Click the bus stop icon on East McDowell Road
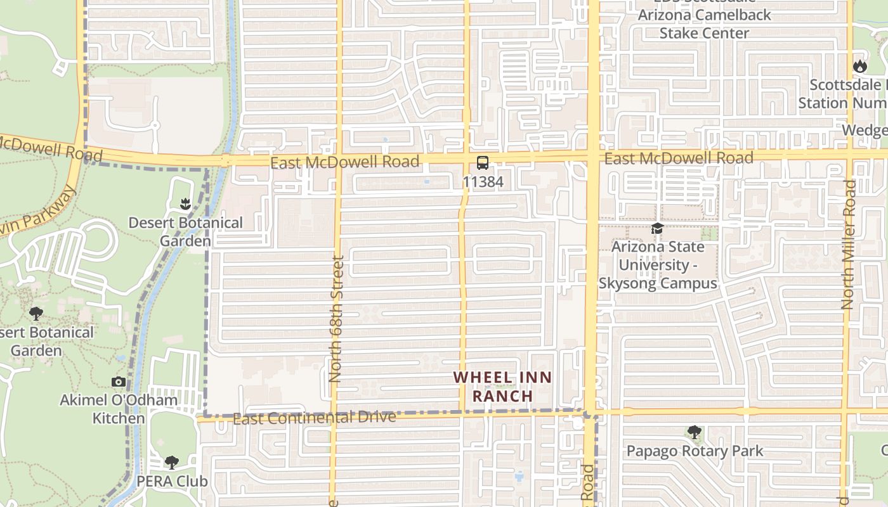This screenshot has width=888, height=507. click(483, 163)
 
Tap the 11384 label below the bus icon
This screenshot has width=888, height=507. click(483, 183)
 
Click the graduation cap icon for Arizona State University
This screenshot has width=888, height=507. click(657, 229)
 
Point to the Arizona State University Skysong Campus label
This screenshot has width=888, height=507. click(658, 265)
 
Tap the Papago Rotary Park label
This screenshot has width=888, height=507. click(695, 451)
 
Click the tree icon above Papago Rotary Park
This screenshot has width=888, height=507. click(695, 433)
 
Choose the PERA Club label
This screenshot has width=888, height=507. click(172, 481)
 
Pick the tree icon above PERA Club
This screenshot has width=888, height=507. click(172, 462)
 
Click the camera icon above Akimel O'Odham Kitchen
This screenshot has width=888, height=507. click(119, 382)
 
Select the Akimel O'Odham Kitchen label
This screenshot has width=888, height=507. click(119, 409)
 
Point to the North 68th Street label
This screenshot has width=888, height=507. click(336, 318)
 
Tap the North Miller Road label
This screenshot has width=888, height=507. click(849, 245)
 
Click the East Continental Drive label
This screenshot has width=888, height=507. click(315, 418)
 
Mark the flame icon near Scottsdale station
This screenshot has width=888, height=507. click(859, 66)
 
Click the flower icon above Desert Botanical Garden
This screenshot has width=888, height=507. click(185, 204)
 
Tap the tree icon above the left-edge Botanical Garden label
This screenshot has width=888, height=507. click(36, 313)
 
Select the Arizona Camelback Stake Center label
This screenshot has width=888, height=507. click(704, 23)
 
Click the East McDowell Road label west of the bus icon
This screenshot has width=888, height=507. click(344, 162)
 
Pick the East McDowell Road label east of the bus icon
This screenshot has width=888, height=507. click(679, 158)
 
